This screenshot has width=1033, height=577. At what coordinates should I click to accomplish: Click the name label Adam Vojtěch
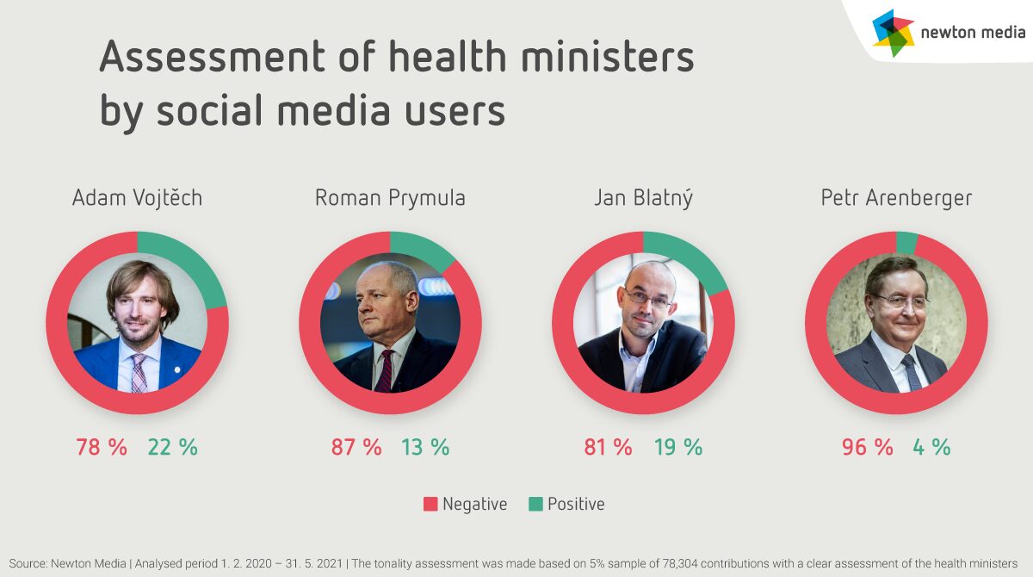[137, 198]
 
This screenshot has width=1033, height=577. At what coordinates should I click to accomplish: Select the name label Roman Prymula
[390, 198]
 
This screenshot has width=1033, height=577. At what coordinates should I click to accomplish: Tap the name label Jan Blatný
[643, 198]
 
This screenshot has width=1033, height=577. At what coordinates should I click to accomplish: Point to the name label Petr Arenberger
[896, 198]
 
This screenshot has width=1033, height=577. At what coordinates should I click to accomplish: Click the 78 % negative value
[101, 448]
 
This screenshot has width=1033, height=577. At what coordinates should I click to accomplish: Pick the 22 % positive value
[172, 448]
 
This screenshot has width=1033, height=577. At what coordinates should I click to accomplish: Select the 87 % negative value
[356, 448]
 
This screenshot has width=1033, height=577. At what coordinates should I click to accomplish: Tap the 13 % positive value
[425, 448]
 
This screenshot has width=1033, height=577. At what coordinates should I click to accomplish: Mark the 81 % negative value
[608, 448]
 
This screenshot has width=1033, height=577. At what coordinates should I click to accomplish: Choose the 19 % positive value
[677, 448]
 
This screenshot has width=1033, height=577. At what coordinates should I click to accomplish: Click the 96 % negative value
[867, 448]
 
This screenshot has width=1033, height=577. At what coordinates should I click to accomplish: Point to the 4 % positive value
[931, 448]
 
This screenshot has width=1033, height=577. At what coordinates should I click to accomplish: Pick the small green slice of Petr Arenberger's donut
[906, 243]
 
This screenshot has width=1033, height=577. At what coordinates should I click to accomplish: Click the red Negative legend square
[430, 504]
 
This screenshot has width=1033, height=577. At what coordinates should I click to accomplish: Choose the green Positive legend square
[535, 504]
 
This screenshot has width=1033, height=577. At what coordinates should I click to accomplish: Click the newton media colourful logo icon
[893, 33]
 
